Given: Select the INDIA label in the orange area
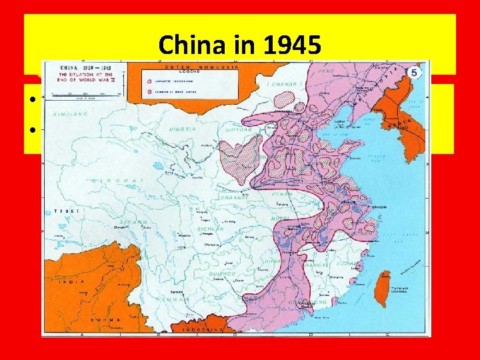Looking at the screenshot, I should click(x=75, y=281).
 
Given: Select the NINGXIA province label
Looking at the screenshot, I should click(x=181, y=128).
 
